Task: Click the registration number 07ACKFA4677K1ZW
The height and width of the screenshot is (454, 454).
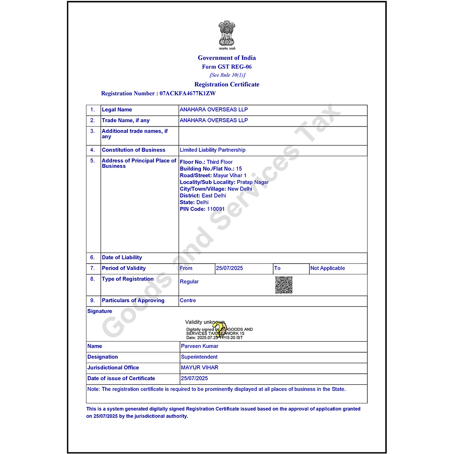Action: [187, 93]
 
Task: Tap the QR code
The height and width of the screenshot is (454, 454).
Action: [284, 285]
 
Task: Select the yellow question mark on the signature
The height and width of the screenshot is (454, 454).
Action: [218, 329]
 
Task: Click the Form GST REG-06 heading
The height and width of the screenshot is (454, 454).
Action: [227, 66]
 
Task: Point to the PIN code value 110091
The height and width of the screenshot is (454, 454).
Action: [216, 209]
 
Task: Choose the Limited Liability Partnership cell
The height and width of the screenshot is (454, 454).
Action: [212, 150]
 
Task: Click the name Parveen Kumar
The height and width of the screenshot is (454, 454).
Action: [200, 346]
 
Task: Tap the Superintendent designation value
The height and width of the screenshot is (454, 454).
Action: [199, 357]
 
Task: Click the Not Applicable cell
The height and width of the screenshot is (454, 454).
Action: [327, 268]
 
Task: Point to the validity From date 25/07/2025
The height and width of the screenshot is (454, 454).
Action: [229, 268]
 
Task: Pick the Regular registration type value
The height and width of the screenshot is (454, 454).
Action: [189, 282]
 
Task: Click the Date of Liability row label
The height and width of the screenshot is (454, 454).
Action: [122, 257]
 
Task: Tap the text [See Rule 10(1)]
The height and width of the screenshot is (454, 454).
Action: [227, 75]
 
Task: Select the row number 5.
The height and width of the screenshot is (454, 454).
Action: [93, 161]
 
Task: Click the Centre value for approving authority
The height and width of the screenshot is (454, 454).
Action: [187, 301]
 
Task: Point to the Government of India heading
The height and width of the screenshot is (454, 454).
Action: [227, 58]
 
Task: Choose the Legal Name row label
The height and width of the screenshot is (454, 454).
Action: [117, 110]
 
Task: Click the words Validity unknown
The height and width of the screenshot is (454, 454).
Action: [205, 322]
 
